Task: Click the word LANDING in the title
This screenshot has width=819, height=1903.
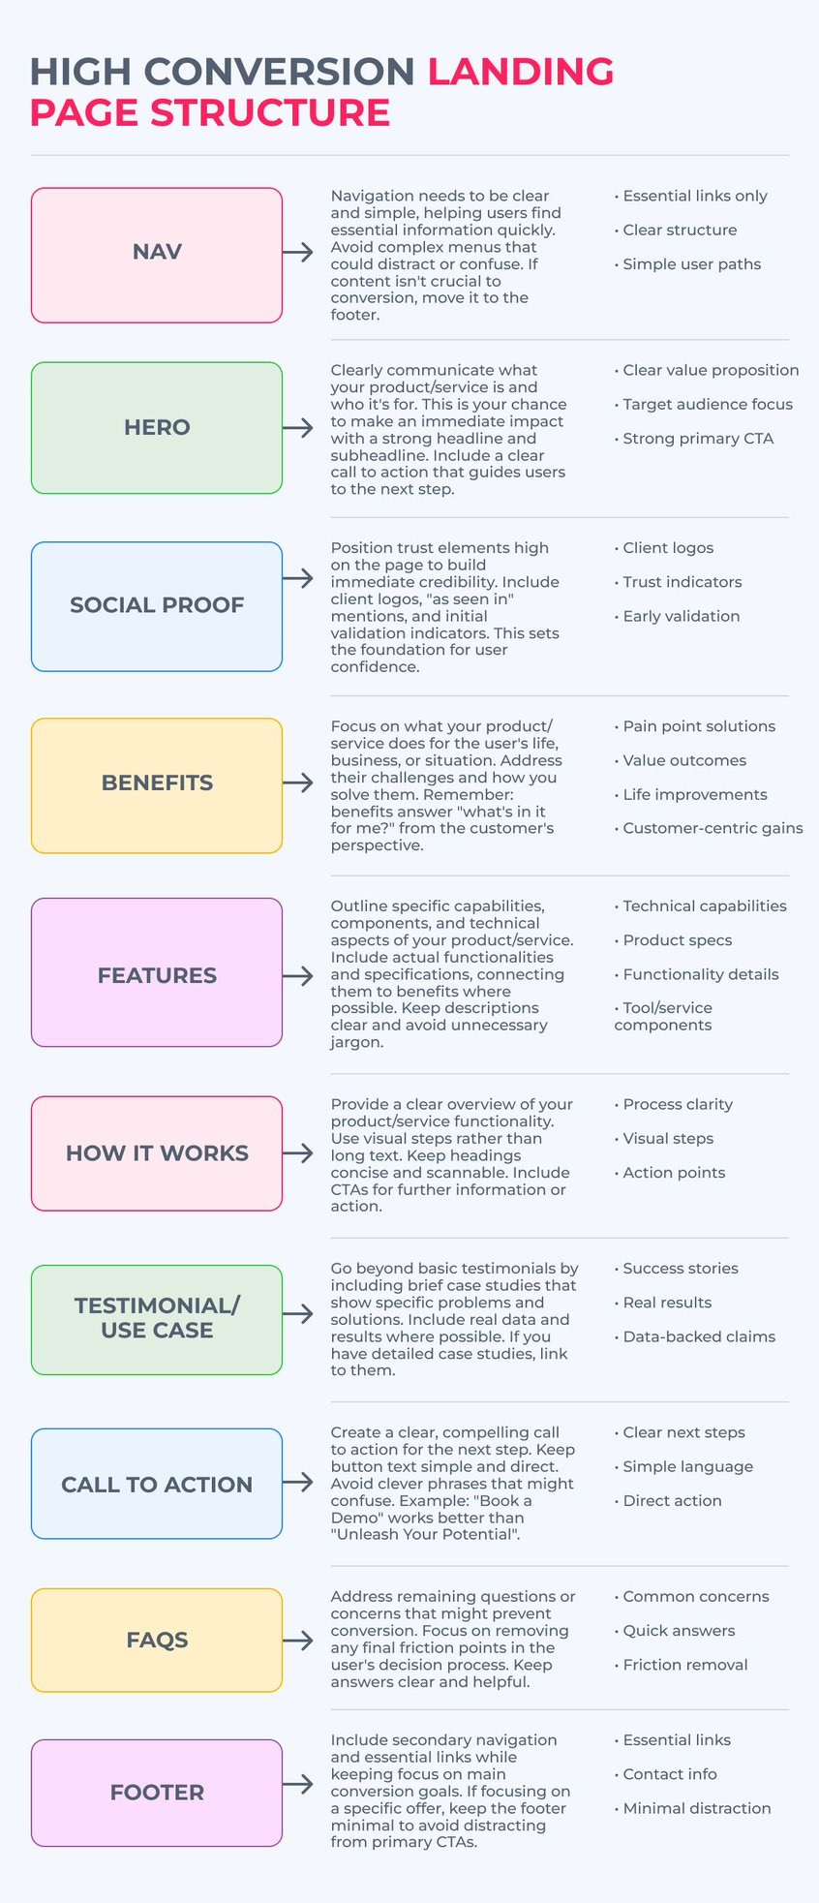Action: tap(521, 72)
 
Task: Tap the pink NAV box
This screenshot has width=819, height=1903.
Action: tap(157, 255)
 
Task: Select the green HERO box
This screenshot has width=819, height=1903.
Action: tap(157, 428)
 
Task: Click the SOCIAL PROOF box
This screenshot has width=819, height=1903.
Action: tap(157, 606)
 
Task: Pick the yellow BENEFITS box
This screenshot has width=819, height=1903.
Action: tap(157, 784)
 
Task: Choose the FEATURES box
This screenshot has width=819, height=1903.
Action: tap(157, 972)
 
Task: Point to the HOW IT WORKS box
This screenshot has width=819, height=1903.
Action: tap(157, 1153)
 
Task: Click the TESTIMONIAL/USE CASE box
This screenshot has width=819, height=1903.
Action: tap(157, 1319)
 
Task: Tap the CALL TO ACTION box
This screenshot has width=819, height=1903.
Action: tap(157, 1484)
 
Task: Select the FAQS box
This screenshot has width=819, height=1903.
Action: tap(157, 1640)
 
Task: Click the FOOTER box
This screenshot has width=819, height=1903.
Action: tap(157, 1793)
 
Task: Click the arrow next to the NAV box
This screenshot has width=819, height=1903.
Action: tap(298, 252)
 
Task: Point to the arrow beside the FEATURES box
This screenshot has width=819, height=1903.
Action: tap(298, 975)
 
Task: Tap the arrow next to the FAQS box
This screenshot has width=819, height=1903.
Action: tap(298, 1640)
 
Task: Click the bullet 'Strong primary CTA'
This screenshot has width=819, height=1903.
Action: tap(697, 439)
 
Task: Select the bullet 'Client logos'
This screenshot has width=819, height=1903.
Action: tap(667, 548)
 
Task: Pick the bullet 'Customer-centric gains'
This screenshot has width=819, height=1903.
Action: tap(712, 828)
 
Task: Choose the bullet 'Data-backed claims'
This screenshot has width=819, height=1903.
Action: tap(698, 1336)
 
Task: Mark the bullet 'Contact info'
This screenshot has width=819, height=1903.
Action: tap(669, 1774)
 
